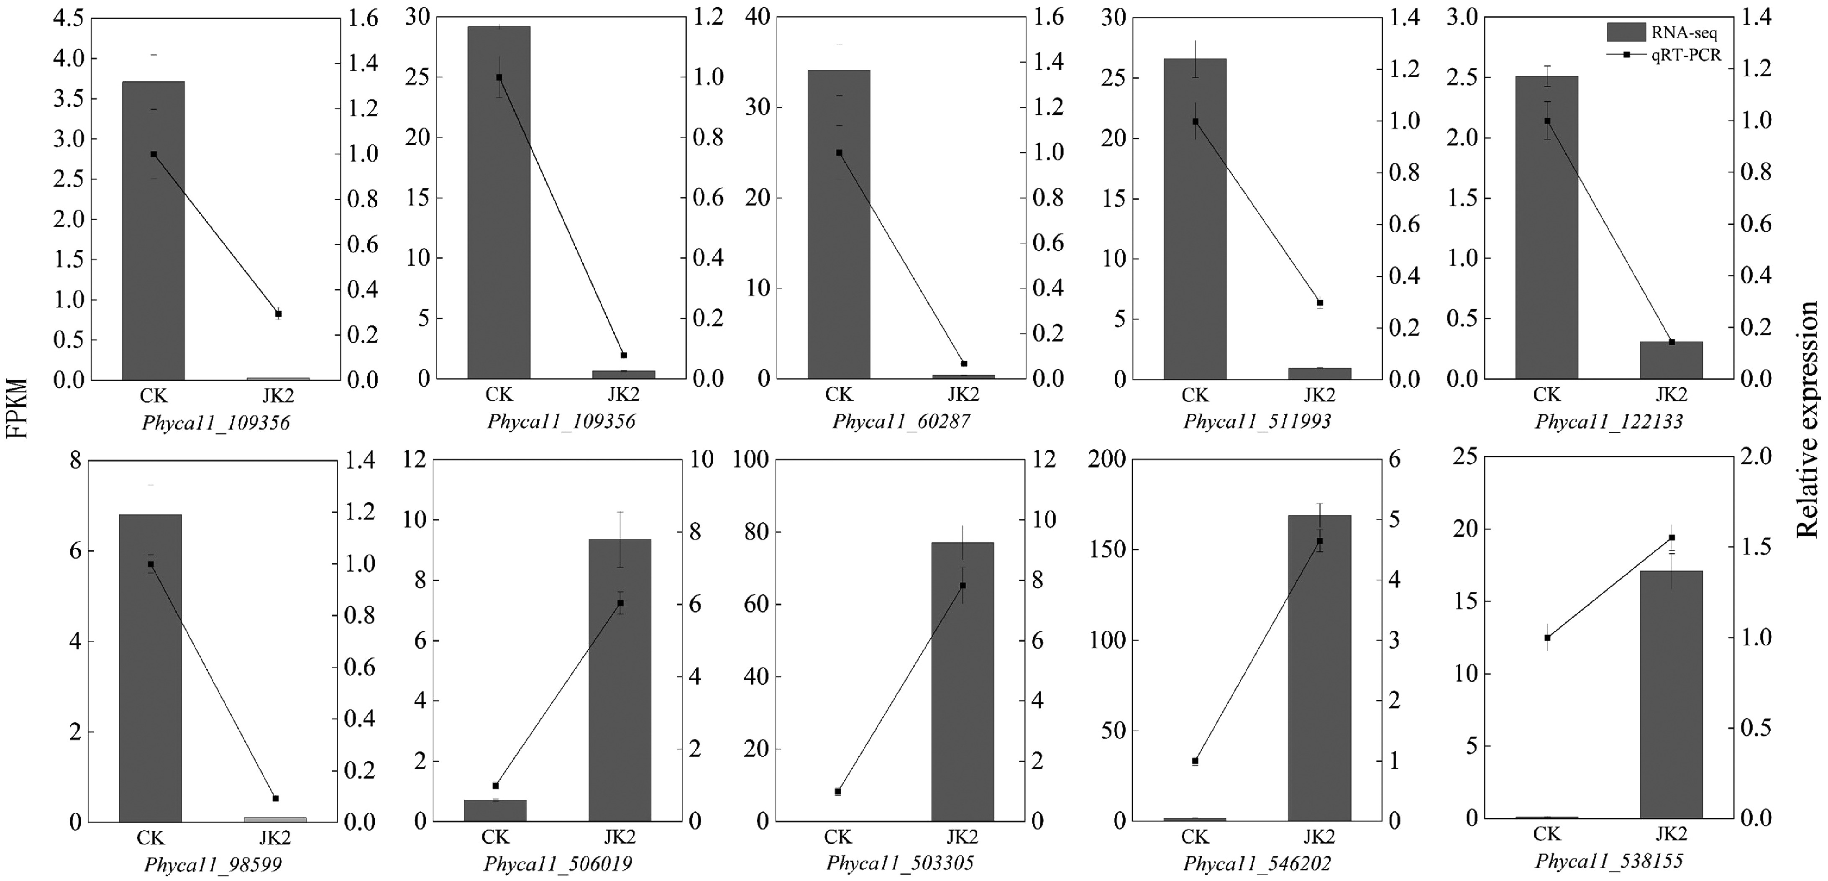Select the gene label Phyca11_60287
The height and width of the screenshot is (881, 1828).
[x=901, y=422]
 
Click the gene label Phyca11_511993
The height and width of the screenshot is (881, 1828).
[x=1257, y=422]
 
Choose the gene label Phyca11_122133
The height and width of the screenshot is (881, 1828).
[x=1609, y=422]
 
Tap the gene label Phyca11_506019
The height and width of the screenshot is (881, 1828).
[x=558, y=864]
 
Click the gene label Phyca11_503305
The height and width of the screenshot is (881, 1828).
[x=900, y=863]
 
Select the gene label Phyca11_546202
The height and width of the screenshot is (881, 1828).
[x=1257, y=864]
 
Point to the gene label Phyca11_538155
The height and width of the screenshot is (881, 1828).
[x=1609, y=862]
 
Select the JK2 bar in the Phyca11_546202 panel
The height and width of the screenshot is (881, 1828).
[x=1319, y=667]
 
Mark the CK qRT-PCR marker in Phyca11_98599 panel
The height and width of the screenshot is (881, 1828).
[x=151, y=564]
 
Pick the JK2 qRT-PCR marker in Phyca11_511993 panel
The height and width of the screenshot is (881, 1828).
[x=1320, y=303]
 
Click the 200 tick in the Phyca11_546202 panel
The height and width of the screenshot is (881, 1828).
[x=1106, y=460]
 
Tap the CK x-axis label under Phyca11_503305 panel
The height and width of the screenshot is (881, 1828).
[x=838, y=837]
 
